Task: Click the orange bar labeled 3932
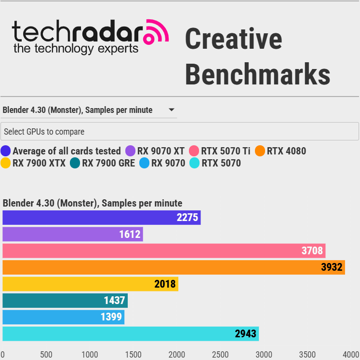tap(173, 267)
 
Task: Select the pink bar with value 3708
tap(164, 251)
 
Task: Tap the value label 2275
tap(187, 218)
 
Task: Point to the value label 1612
tap(130, 235)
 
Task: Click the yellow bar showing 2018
tap(90, 284)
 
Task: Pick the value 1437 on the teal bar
tap(115, 301)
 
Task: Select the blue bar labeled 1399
tap(63, 317)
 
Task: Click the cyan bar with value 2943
tap(130, 334)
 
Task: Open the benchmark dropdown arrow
tap(172, 110)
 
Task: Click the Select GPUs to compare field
tap(180, 131)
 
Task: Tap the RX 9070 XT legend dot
tap(130, 151)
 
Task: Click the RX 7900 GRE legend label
tap(108, 163)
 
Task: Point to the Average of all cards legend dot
tap(6, 151)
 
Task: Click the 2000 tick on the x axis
tap(177, 355)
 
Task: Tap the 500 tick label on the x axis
tap(46, 355)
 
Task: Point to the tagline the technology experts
tap(76, 49)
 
